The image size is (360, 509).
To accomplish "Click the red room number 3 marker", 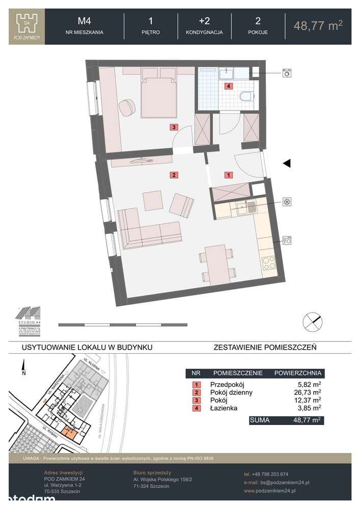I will tap(174, 127).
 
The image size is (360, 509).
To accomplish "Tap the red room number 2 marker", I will tap(174, 175).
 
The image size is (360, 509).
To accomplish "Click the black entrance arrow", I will tap(287, 163).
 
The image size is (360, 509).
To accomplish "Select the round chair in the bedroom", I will tap(127, 107).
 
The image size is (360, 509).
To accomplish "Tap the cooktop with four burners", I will tap(268, 264).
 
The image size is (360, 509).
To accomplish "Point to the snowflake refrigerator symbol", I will tap(287, 202).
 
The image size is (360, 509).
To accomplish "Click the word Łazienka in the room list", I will tap(224, 408).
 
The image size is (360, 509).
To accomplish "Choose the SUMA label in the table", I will tap(260, 420).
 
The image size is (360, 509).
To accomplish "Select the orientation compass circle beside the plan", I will tap(312, 322).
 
